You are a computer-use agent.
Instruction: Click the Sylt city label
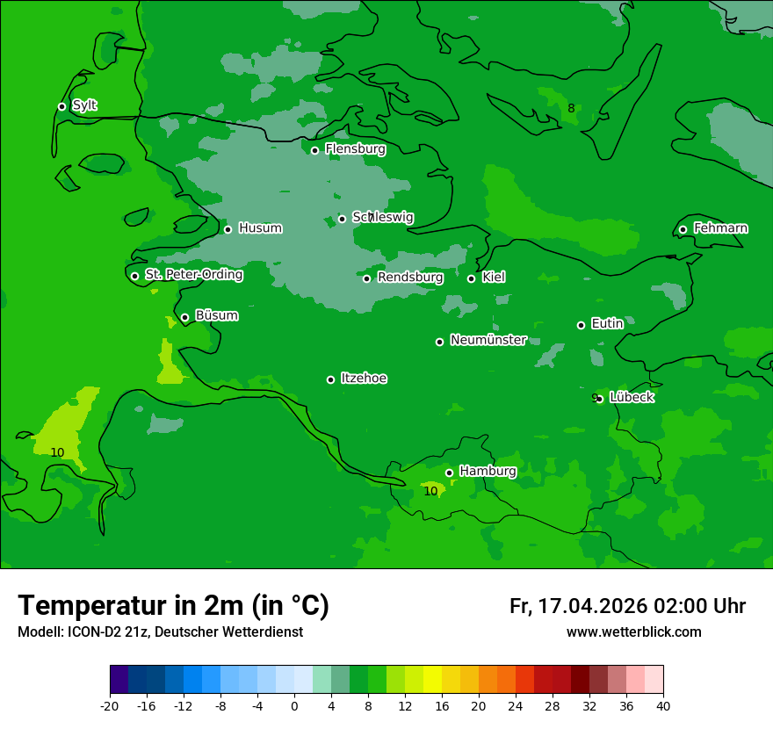(x=84, y=105)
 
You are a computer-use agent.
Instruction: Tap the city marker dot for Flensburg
(x=314, y=150)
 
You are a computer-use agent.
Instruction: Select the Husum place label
(x=260, y=228)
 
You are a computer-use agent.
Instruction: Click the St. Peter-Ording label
(x=193, y=275)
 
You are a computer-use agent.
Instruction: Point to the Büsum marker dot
(x=184, y=317)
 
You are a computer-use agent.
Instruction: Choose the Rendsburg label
(x=410, y=278)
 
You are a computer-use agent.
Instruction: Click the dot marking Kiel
(x=471, y=278)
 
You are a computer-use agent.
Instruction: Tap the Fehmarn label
(x=720, y=228)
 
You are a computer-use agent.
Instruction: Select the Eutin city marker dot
(x=581, y=325)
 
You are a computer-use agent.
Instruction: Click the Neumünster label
(x=488, y=340)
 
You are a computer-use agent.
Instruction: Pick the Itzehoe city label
(x=364, y=379)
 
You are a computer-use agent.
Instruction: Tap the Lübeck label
(x=632, y=397)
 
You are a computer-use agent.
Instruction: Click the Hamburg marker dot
(x=449, y=473)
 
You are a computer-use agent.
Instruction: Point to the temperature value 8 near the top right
(x=571, y=109)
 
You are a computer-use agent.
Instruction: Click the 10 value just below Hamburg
(x=430, y=491)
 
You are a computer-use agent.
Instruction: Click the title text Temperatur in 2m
(x=173, y=605)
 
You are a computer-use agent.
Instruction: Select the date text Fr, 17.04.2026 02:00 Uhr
(x=627, y=606)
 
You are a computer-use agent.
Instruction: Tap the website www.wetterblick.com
(x=633, y=632)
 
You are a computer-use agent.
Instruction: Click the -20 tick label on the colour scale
(x=110, y=706)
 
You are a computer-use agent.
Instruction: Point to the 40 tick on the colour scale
(x=662, y=706)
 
